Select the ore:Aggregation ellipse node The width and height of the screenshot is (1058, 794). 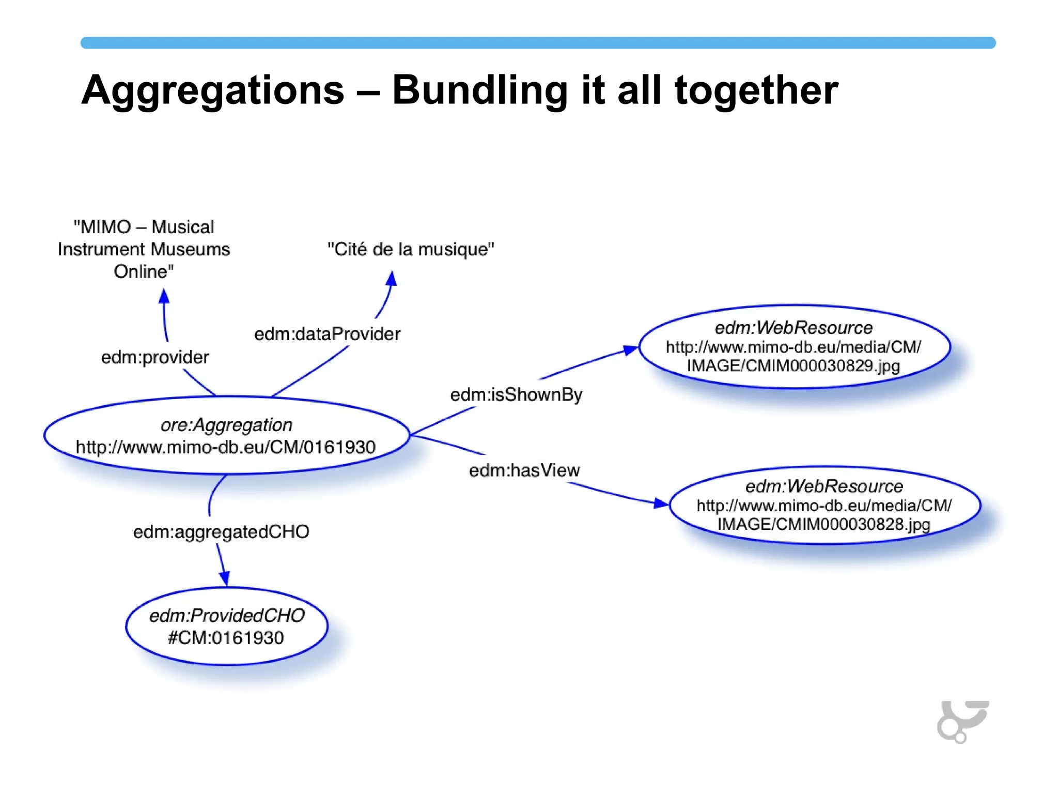tap(226, 436)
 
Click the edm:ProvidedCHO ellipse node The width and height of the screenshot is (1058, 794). tap(226, 626)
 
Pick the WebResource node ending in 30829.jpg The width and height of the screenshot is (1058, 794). tap(794, 346)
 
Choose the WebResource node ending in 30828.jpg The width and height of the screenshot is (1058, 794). tap(824, 505)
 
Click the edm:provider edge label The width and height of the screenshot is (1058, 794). tap(154, 357)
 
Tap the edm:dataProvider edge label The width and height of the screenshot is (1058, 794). tap(327, 334)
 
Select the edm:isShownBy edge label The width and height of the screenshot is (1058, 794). tap(516, 395)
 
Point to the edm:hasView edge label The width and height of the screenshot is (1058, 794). tap(524, 470)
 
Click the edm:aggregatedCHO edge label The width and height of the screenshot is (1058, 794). tap(221, 532)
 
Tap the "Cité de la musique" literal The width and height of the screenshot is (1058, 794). tap(411, 249)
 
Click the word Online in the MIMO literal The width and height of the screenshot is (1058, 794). tap(144, 271)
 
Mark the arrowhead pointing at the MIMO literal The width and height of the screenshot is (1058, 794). tap(164, 296)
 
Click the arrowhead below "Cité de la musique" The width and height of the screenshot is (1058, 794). tap(392, 279)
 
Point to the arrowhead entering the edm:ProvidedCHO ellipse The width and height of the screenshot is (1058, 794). tap(225, 578)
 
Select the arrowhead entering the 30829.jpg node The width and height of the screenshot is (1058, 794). tap(631, 350)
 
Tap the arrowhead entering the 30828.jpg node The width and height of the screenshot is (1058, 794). tap(661, 503)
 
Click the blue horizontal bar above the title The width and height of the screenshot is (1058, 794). tap(537, 43)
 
